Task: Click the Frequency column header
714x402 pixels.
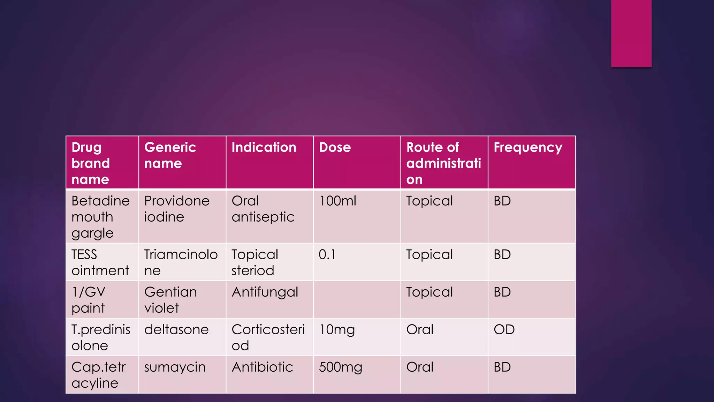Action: coord(528,148)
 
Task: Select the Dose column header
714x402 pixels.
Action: coord(335,148)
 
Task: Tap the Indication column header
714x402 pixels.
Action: coord(264,148)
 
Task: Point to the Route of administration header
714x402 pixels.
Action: coord(443,163)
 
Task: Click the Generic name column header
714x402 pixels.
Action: coord(170,155)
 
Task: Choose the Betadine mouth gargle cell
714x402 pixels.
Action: coord(100,217)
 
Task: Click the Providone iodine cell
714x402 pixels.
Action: coord(177,209)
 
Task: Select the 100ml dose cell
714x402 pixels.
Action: coord(337,201)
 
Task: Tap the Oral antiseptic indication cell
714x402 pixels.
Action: coord(263,209)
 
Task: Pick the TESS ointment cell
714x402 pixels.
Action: coord(100,262)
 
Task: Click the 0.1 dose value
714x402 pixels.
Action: coord(327,255)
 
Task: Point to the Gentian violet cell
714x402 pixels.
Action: coord(170,300)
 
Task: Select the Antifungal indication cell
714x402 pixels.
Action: coord(265,292)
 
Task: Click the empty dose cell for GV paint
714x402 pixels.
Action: coord(357,300)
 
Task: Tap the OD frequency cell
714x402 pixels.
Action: coord(504,330)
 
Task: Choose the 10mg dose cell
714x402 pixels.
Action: coord(337,330)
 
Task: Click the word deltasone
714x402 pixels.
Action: coord(176,330)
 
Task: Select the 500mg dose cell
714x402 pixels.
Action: coord(341,367)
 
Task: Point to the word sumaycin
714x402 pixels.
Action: coord(175,367)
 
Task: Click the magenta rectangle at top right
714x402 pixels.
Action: coord(631,33)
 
